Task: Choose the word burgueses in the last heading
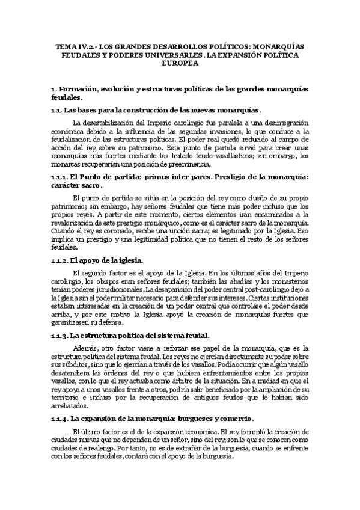(193, 418)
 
